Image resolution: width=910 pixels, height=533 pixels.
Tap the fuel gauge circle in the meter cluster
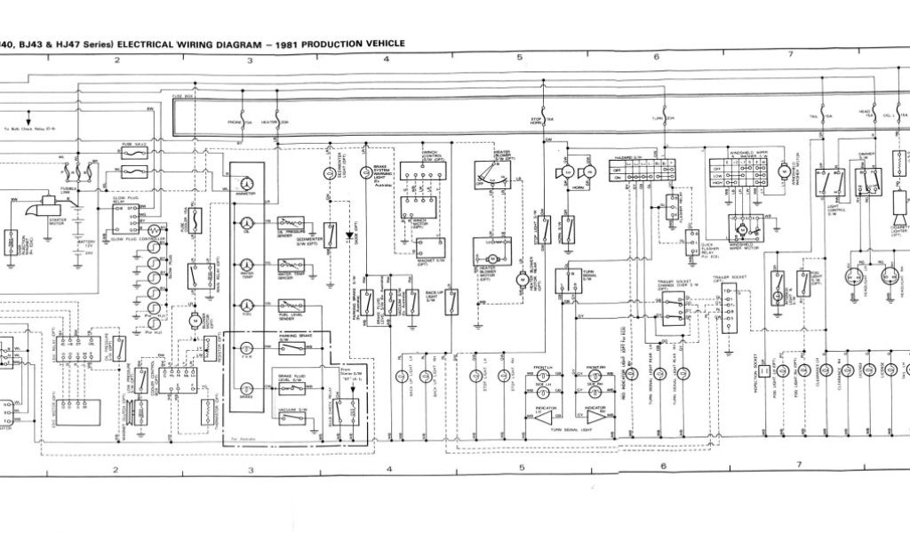pos(247,306)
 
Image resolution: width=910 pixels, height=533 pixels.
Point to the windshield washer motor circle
pos(785,169)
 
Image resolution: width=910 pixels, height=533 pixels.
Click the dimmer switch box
pos(867,182)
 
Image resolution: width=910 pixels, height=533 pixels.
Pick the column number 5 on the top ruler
pos(519,57)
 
